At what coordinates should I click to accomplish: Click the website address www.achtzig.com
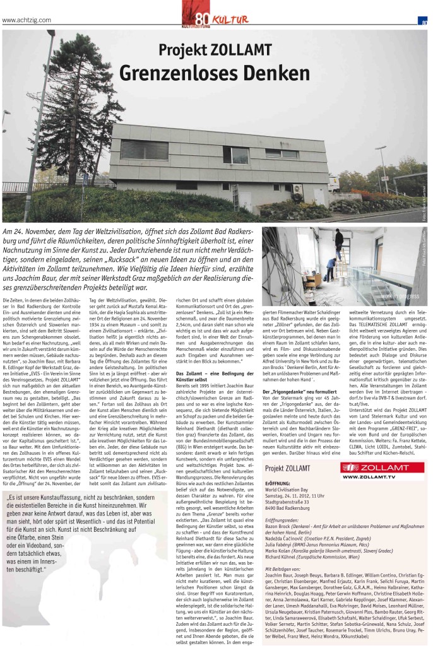click(x=27, y=20)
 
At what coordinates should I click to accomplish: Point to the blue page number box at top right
click(x=425, y=23)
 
